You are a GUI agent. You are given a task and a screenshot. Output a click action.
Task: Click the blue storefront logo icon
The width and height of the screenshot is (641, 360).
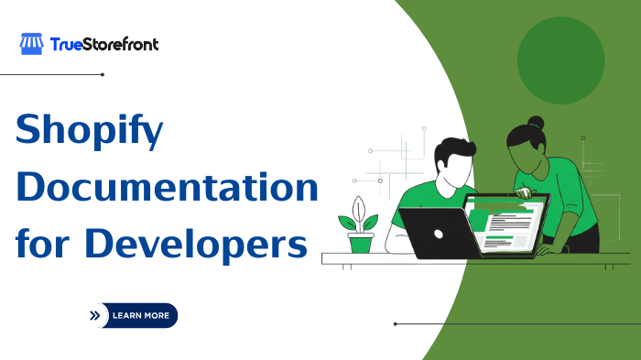pos(32,44)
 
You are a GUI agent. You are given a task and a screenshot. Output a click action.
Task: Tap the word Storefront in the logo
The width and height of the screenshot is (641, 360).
pos(121,44)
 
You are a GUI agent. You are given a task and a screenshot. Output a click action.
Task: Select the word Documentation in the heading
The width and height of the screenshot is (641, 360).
pos(167,189)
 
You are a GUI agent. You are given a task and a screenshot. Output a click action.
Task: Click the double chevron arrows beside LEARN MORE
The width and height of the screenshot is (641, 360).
pos(94,315)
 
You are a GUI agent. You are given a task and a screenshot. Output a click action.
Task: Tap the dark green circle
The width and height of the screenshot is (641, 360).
pos(560,60)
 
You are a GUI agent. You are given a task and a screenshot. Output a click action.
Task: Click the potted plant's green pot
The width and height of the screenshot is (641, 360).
pos(361,242)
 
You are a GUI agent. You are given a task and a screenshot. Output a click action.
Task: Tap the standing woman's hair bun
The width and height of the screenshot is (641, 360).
pos(536,123)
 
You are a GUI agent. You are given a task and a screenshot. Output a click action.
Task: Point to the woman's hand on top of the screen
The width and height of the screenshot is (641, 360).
pos(526,194)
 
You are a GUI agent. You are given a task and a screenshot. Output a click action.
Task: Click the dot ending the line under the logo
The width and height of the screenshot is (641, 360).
pos(103,74)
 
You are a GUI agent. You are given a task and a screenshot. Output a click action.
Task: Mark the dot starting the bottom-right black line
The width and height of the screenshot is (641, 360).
pos(395,323)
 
